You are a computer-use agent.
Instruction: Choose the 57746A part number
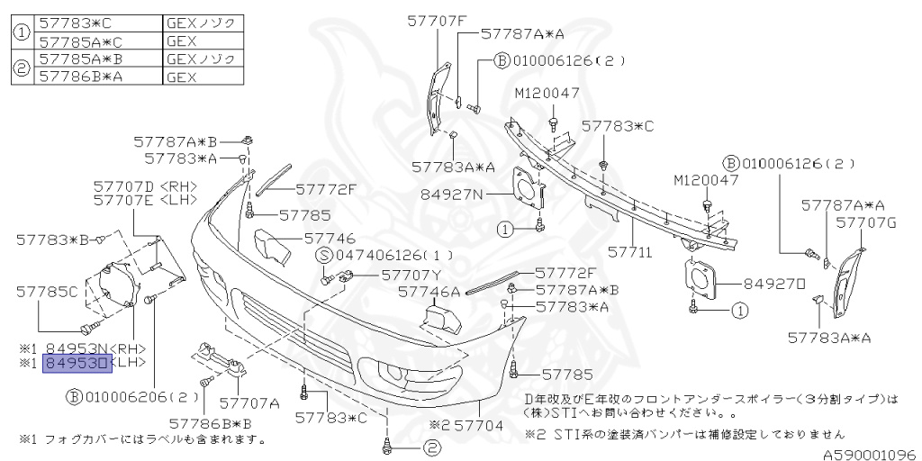click(429, 291)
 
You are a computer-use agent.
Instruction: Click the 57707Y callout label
click(411, 274)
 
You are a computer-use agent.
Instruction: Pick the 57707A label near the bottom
click(249, 402)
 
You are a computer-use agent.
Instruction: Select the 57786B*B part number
click(209, 421)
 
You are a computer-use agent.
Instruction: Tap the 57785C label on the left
click(47, 291)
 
